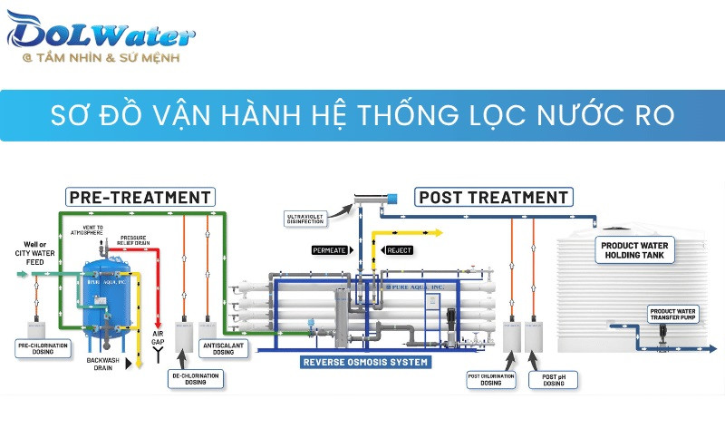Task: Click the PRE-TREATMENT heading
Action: pos(140,197)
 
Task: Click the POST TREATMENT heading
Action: pos(493,197)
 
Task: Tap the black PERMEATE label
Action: pos(329,249)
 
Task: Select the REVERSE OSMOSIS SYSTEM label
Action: pos(364,362)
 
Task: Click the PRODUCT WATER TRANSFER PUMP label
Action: pos(673,315)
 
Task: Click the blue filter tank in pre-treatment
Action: pos(106,299)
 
